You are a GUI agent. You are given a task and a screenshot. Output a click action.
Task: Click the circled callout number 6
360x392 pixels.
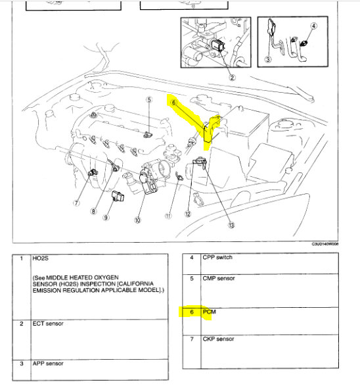tap(173, 103)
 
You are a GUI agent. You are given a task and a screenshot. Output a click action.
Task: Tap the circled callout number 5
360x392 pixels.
tap(149, 100)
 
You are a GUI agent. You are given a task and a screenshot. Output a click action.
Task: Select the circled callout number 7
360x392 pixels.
tap(76, 203)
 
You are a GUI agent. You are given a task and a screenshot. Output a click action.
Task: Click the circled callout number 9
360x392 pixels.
tap(106, 218)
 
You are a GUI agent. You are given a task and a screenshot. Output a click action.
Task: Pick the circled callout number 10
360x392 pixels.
tap(138, 221)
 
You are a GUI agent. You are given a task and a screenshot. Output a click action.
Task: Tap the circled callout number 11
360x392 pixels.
tap(169, 216)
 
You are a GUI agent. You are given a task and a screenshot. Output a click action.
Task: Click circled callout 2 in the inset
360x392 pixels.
tap(232, 77)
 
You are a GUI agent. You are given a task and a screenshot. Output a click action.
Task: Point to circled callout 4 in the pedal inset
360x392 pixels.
tap(313, 26)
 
